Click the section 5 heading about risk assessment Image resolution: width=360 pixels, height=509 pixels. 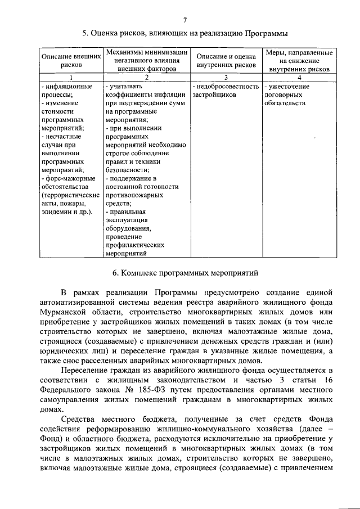coord(185,33)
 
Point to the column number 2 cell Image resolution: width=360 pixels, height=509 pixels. coord(147,77)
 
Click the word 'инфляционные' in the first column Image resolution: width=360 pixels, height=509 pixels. coord(66,87)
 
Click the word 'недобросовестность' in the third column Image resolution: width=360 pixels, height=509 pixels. coord(227,87)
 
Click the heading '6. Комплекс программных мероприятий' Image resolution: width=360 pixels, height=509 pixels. coord(185,273)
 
